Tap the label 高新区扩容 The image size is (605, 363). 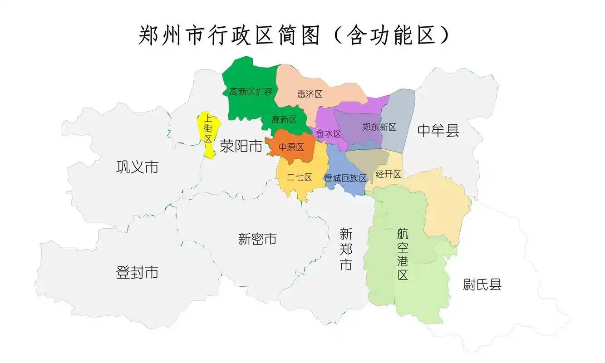[x=251, y=92]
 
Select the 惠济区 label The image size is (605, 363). [x=310, y=94]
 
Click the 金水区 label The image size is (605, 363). [x=328, y=134]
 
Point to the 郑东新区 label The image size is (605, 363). [x=379, y=127]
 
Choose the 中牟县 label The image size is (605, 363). [x=438, y=131]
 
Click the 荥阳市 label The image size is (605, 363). [x=241, y=146]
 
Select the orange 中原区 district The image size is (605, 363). [x=290, y=147]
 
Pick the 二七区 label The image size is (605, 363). [x=299, y=177]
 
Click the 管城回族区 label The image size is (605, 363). [x=345, y=178]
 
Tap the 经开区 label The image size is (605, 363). [x=388, y=174]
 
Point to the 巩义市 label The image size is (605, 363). [x=137, y=167]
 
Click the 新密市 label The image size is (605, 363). [x=257, y=239]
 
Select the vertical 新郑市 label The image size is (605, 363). [x=346, y=250]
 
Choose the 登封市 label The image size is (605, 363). [x=137, y=272]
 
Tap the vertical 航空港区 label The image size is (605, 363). [x=403, y=254]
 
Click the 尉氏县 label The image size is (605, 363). [x=482, y=285]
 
